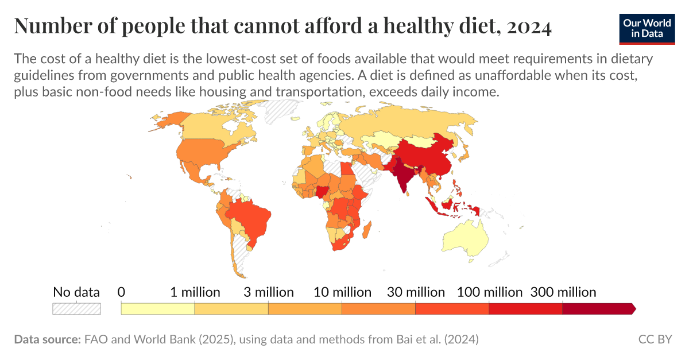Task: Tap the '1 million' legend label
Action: (195, 292)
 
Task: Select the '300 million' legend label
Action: (563, 292)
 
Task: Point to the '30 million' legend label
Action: (416, 292)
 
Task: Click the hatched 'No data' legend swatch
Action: (76, 309)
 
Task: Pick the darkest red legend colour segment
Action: (597, 309)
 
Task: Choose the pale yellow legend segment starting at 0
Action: (158, 309)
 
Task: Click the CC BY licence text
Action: (655, 339)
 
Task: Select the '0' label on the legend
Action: (121, 292)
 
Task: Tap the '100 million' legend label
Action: (489, 292)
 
